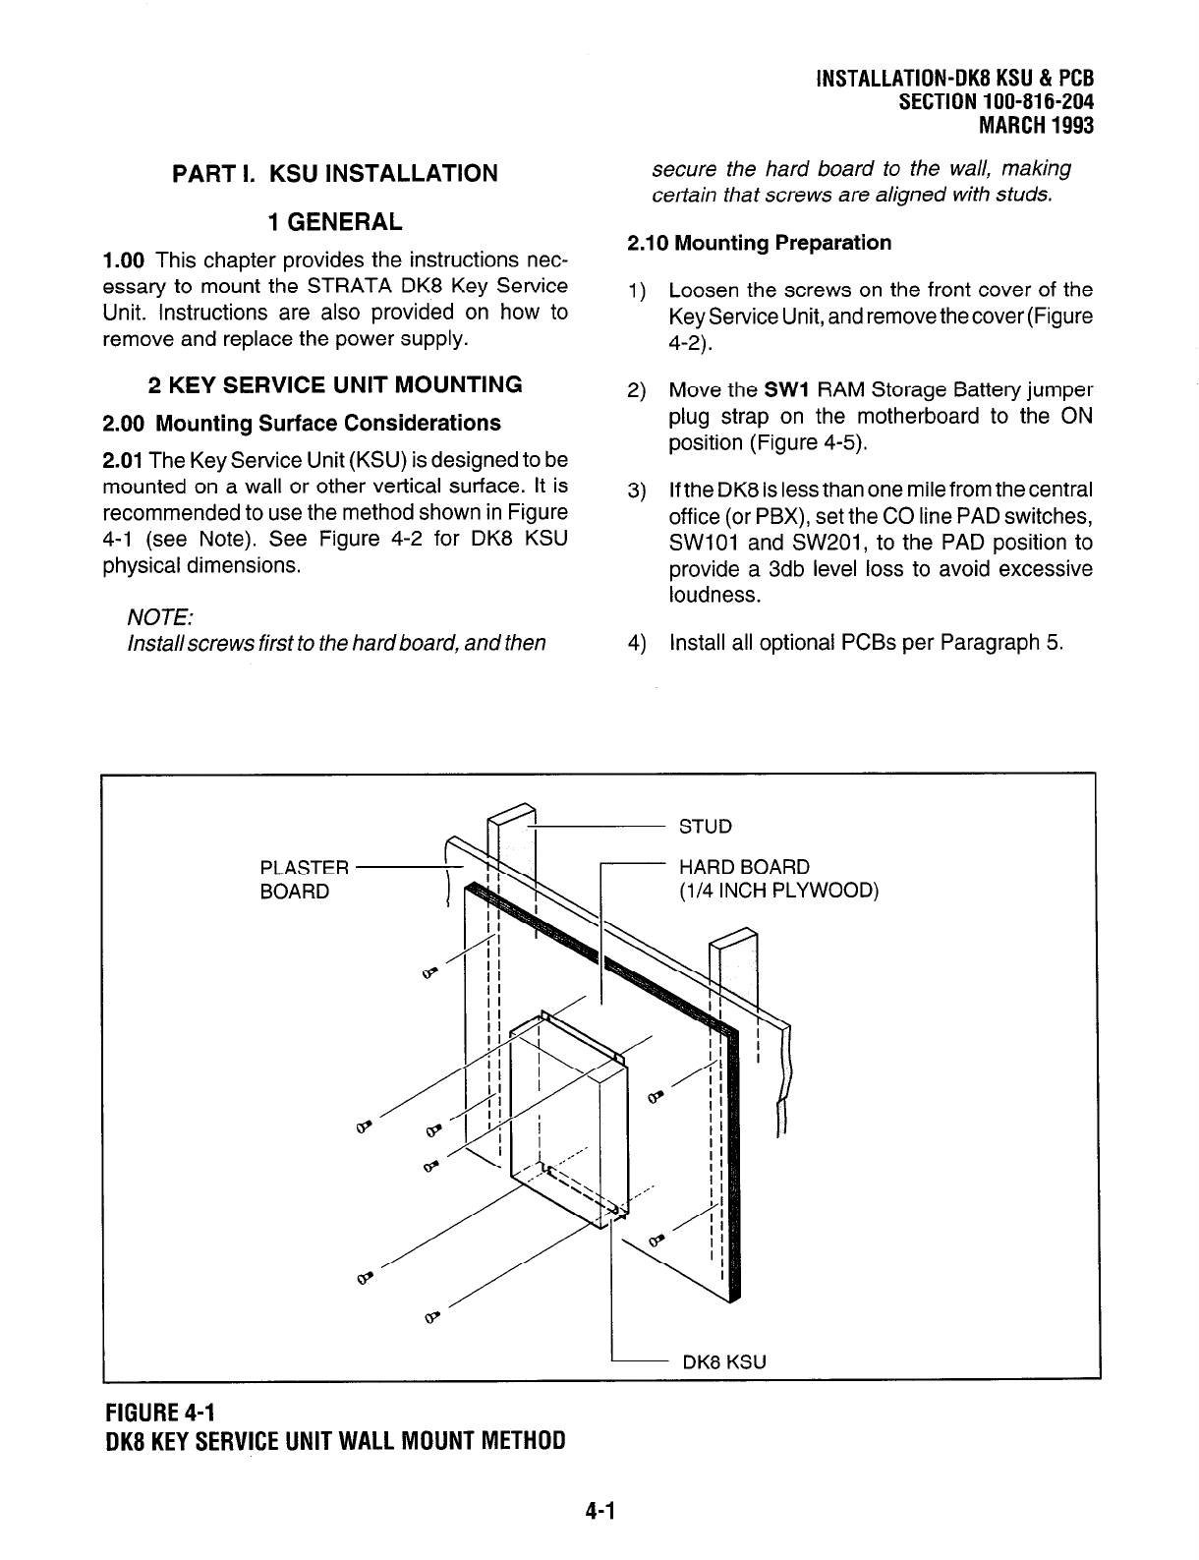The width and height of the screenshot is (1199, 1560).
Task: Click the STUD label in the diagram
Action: coord(706,827)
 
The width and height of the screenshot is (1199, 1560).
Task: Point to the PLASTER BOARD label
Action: coord(304,880)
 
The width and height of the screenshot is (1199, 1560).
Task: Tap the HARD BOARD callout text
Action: coord(745,867)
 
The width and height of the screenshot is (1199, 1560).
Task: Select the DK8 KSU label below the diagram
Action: coord(723,1362)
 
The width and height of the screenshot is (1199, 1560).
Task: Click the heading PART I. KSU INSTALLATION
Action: coord(335,174)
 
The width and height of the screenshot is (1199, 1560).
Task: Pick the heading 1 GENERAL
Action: coord(335,222)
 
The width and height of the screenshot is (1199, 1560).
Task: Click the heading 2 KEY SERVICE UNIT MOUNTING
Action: coord(334,384)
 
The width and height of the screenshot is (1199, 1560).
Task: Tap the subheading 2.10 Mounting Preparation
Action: coord(760,243)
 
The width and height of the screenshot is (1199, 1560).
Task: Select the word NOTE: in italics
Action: coord(160,616)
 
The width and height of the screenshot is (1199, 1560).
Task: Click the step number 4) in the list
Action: coord(637,643)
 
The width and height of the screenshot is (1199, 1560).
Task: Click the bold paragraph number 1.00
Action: coord(124,260)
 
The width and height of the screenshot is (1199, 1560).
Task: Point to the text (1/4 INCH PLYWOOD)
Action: coord(778,892)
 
